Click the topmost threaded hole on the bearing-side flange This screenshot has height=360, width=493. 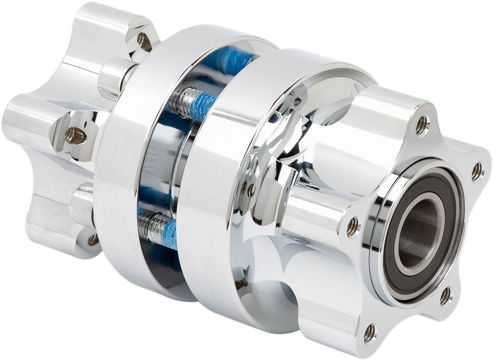[x=422, y=125]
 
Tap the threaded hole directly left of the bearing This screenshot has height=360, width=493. [x=353, y=227]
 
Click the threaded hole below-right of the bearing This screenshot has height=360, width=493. [x=446, y=296]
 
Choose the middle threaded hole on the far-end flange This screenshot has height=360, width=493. [x=75, y=136]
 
